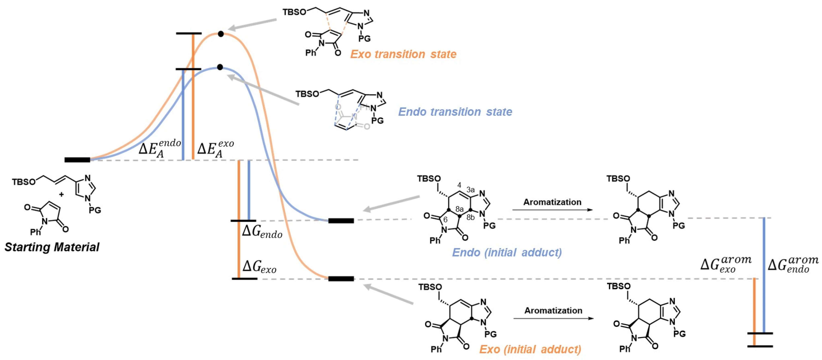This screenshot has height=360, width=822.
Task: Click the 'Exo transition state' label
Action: coord(403,54)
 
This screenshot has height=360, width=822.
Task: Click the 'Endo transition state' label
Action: coord(455,112)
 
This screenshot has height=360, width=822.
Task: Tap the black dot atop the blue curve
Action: coord(220,67)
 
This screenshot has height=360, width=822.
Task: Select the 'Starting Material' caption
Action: coord(52,247)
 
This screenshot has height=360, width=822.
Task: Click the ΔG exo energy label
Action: coord(259,267)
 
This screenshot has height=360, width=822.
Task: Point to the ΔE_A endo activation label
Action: coord(160,148)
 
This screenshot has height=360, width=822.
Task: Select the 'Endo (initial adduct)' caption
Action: coord(507,252)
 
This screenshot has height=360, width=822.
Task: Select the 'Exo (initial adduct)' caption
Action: coord(530,349)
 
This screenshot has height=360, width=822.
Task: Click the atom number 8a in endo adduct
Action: coord(459,209)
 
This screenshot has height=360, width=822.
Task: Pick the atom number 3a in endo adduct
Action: coord(470,190)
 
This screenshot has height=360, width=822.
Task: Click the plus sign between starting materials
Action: coord(61,194)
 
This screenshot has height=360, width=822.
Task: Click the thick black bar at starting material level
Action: coord(77,160)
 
